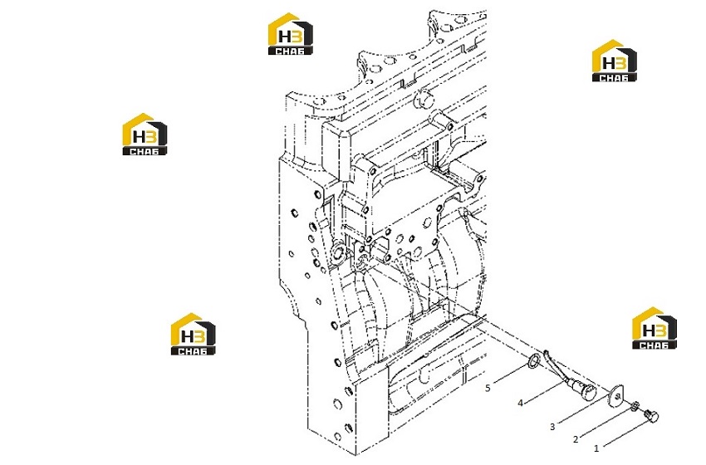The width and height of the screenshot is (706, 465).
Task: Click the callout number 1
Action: (x=596, y=448)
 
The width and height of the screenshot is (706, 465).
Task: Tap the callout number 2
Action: (x=576, y=439)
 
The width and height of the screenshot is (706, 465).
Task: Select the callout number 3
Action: (x=552, y=427)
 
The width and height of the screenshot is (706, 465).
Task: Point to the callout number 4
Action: (x=521, y=403)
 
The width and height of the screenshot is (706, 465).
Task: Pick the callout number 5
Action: (x=488, y=388)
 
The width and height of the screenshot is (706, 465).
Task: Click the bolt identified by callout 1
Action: (x=652, y=415)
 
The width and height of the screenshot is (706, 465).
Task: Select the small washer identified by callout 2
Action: (x=635, y=406)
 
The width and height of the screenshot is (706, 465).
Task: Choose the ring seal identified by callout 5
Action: (x=534, y=361)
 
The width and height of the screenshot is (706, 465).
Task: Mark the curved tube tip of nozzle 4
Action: (x=546, y=352)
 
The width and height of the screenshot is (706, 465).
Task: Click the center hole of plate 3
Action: (x=617, y=396)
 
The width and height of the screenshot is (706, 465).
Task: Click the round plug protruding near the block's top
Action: (x=424, y=100)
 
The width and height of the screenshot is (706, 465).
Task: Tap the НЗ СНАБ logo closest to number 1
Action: (x=655, y=328)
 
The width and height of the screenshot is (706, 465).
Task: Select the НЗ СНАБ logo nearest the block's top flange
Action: (x=291, y=34)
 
